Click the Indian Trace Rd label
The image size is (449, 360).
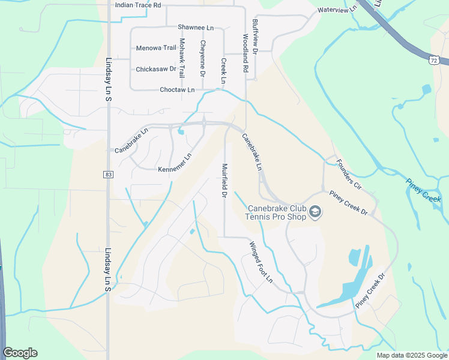click(138, 5)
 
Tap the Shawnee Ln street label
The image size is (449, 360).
click(196, 27)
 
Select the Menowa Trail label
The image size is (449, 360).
click(156, 48)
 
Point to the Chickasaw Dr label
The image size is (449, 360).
click(155, 69)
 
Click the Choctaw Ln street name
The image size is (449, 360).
click(177, 90)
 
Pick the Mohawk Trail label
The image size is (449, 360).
click(182, 58)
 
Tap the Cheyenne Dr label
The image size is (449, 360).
click(203, 58)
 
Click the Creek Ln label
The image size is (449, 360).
click(223, 70)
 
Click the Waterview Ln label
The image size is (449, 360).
click(337, 10)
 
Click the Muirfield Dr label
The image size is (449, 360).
click(224, 181)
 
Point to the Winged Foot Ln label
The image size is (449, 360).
click(261, 262)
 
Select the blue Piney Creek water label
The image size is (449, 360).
click(423, 190)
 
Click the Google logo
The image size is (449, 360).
click(20, 353)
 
